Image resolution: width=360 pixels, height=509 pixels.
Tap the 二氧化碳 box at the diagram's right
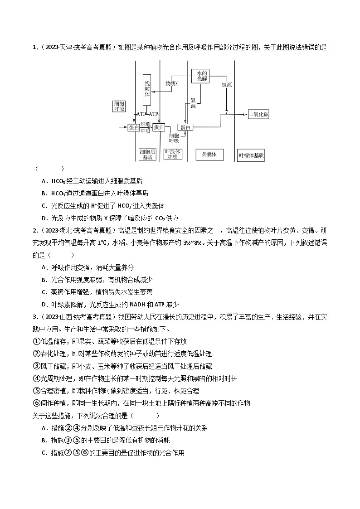click(x=258, y=114)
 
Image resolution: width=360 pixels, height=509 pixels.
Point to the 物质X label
click(x=172, y=83)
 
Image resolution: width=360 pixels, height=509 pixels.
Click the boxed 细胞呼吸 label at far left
click(x=119, y=106)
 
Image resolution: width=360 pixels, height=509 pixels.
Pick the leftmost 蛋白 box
click(x=134, y=128)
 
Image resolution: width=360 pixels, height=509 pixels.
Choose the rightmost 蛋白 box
click(x=185, y=128)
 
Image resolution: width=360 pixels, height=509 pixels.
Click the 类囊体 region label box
click(x=209, y=155)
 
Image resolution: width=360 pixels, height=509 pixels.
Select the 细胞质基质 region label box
click(x=147, y=155)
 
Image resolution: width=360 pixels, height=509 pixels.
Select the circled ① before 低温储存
click(x=36, y=341)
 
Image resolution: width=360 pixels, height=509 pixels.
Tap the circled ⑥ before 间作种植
click(x=36, y=403)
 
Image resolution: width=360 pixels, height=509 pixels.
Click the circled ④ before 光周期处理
click(x=36, y=378)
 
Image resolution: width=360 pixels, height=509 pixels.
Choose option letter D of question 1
click(x=44, y=218)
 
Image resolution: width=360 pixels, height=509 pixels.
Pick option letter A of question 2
click(x=44, y=267)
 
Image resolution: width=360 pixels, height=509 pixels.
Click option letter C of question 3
click(x=44, y=452)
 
